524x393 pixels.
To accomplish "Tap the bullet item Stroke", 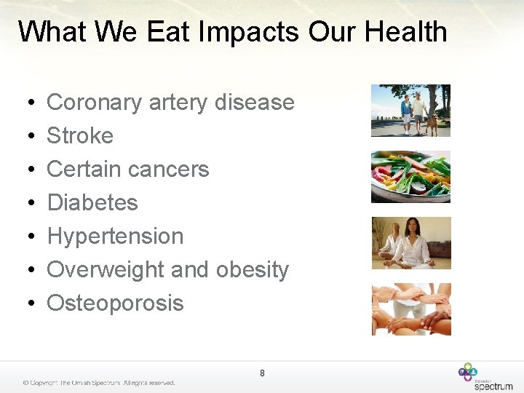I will [80, 135].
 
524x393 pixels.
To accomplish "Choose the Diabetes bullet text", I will [92, 202].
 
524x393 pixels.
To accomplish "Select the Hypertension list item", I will [115, 236].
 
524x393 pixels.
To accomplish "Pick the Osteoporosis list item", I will [115, 303].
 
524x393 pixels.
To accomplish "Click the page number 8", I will [262, 373].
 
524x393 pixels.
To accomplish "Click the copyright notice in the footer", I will [98, 383].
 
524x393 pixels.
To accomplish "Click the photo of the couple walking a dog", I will [410, 111].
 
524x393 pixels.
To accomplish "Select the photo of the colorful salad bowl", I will [410, 177].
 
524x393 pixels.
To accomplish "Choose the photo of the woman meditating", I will [410, 243].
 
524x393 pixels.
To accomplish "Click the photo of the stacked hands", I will [410, 309].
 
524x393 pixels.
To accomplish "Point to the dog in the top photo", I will [433, 124].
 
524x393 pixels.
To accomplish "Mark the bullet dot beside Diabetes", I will [25, 203].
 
